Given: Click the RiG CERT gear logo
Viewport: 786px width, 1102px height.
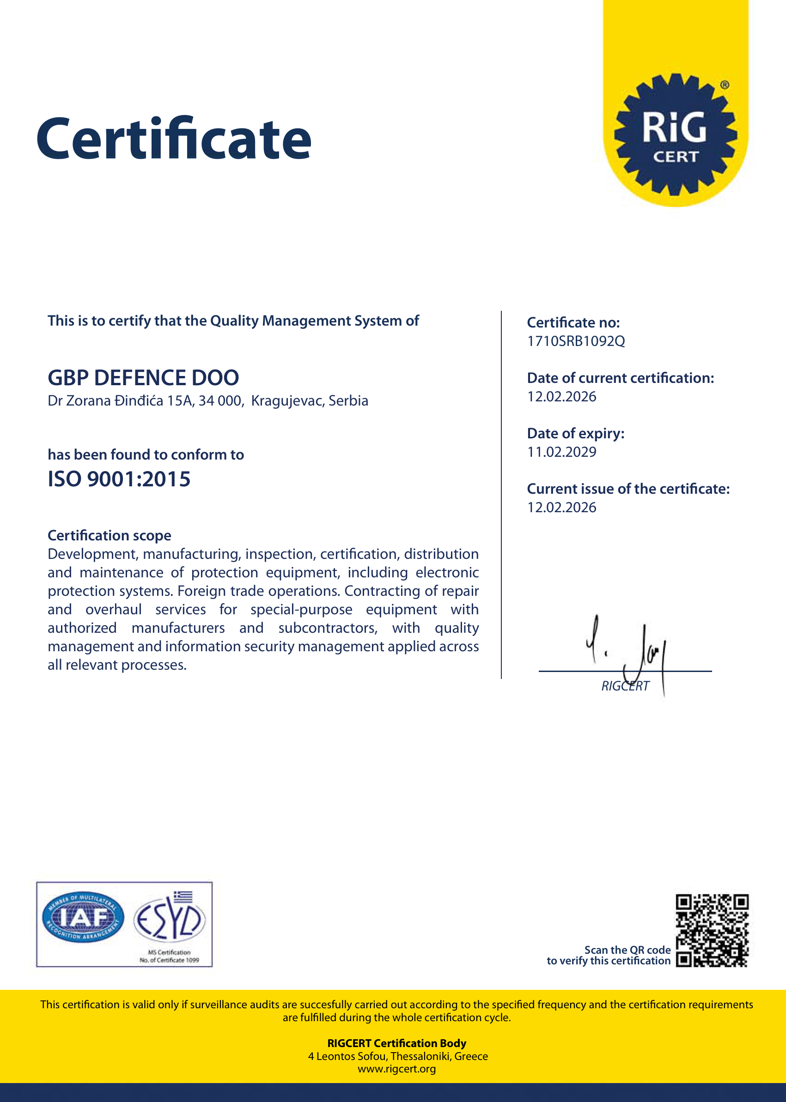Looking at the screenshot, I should [675, 134].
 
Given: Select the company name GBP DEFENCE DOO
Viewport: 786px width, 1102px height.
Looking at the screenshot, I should [143, 378].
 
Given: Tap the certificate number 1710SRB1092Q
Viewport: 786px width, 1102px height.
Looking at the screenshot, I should [575, 341].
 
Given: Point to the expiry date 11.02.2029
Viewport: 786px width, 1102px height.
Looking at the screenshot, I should [561, 452].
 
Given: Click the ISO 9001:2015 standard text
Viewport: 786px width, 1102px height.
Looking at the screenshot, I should [119, 479].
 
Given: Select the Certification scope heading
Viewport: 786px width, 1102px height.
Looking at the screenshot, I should [110, 535].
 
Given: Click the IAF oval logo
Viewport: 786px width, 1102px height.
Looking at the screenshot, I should [83, 917].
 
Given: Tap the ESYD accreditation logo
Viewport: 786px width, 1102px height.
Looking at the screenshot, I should [170, 919].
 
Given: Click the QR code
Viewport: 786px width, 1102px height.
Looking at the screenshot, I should [712, 930].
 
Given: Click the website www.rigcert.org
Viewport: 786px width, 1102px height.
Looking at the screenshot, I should [396, 1069].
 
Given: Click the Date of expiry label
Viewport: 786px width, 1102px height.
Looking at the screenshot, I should [575, 433].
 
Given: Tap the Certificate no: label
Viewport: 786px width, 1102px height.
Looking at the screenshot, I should [573, 323].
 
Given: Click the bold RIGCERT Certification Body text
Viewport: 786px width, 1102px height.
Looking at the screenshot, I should [396, 1043].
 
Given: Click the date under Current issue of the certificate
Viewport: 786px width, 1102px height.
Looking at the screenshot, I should [561, 508].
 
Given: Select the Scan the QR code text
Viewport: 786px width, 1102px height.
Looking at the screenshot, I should [627, 950].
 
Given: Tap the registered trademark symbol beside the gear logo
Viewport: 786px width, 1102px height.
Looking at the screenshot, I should [725, 85].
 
